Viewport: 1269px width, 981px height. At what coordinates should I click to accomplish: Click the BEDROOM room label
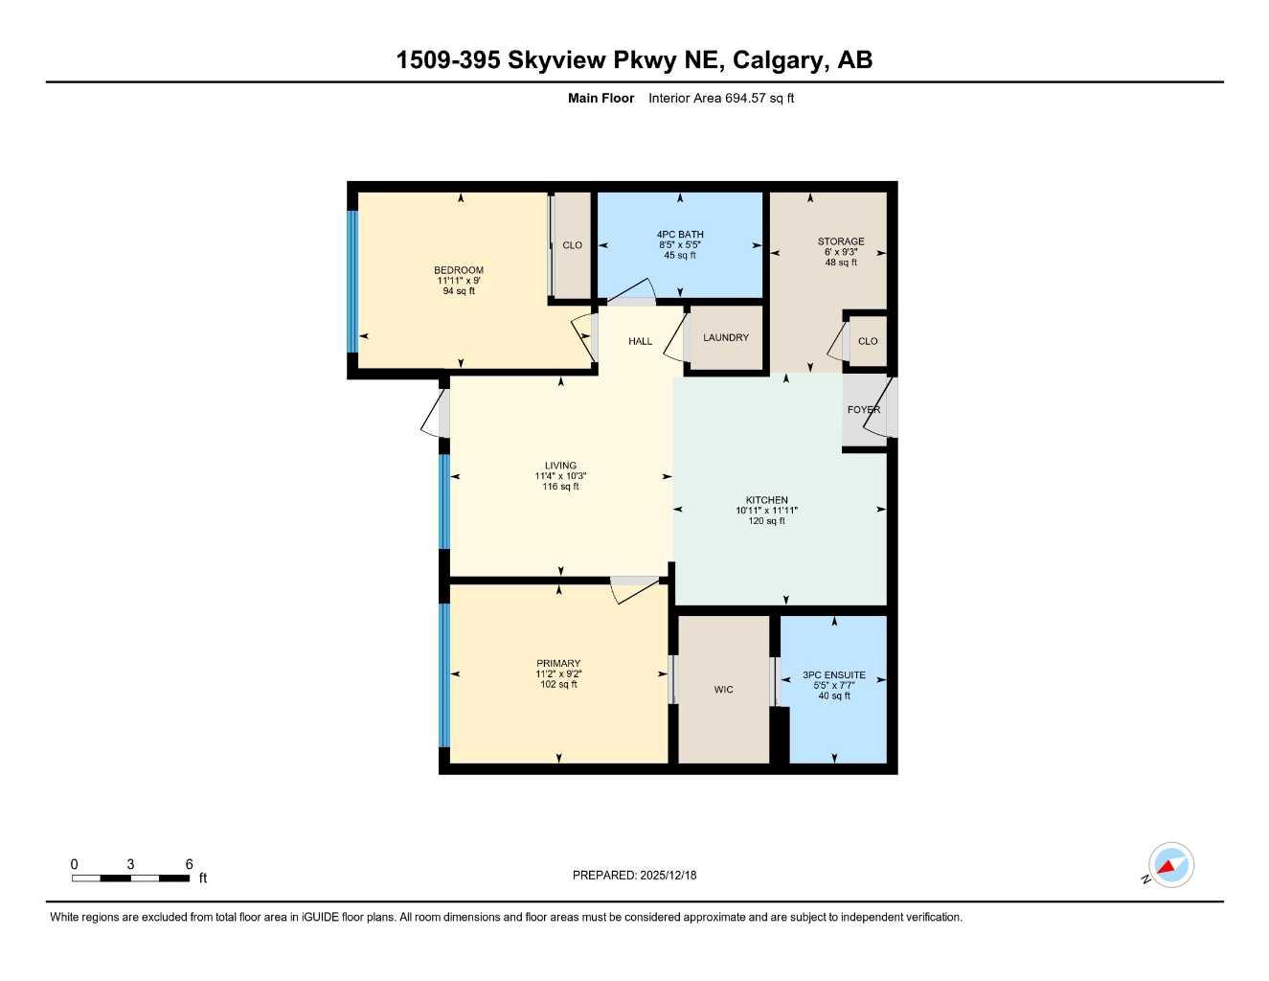[x=459, y=270]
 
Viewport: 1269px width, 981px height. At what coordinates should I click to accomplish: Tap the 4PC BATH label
[x=680, y=235]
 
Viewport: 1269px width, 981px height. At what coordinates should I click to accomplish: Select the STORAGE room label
[x=840, y=241]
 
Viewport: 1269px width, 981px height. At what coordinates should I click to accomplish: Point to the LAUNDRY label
[x=725, y=337]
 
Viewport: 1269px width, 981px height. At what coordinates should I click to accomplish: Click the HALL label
[x=640, y=341]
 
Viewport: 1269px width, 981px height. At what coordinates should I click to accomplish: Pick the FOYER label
[x=863, y=410]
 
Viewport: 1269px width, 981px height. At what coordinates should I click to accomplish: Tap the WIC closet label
[x=723, y=690]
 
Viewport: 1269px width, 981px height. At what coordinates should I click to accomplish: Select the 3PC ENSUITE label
[x=833, y=675]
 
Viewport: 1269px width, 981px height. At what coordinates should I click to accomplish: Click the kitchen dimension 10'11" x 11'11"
[x=766, y=511]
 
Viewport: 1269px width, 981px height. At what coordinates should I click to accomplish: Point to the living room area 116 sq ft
[x=560, y=487]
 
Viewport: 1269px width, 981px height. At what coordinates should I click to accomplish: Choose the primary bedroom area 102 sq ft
[x=558, y=684]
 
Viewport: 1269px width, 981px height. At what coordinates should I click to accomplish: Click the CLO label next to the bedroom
[x=572, y=245]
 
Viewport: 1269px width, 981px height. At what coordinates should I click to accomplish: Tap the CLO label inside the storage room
[x=868, y=341]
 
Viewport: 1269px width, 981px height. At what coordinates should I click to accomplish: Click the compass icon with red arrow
[x=1170, y=866]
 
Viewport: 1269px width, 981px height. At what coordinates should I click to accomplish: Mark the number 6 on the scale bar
[x=189, y=864]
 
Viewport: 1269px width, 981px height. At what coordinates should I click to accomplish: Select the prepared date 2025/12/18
[x=668, y=875]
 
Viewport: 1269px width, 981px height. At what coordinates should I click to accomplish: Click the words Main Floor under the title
[x=601, y=98]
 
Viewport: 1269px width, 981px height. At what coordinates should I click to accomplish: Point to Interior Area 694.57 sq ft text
[x=721, y=98]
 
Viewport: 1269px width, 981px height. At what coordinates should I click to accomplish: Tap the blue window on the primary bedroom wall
[x=443, y=674]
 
